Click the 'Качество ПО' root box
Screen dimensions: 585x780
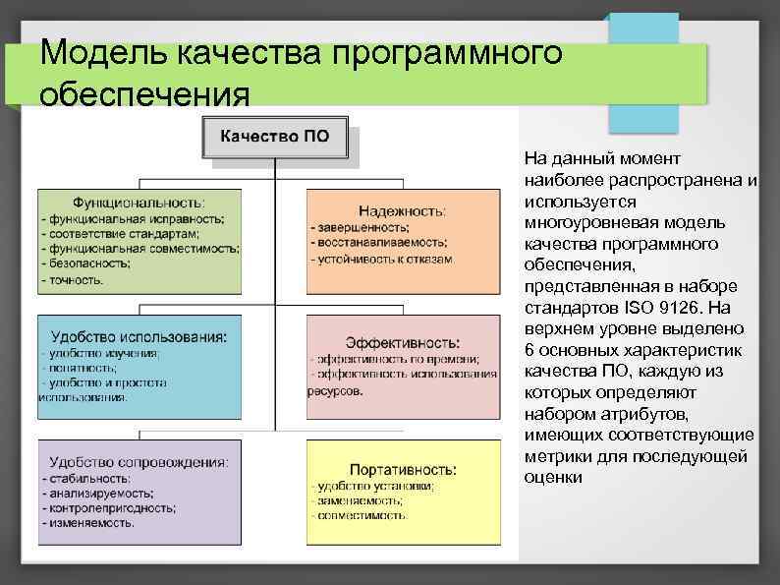pyautogui.click(x=274, y=138)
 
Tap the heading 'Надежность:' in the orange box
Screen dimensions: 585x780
pyautogui.click(x=402, y=210)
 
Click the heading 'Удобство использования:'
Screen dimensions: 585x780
pyautogui.click(x=140, y=335)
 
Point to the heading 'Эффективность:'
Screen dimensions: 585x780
pyautogui.click(x=403, y=342)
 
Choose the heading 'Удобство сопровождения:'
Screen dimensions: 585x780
pyautogui.click(x=140, y=460)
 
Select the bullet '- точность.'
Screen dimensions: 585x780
pyautogui.click(x=73, y=280)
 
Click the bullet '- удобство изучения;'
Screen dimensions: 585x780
pyautogui.click(x=98, y=352)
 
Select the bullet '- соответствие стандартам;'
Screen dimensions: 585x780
pyautogui.click(x=119, y=234)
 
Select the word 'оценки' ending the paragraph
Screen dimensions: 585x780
pyautogui.click(x=553, y=477)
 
